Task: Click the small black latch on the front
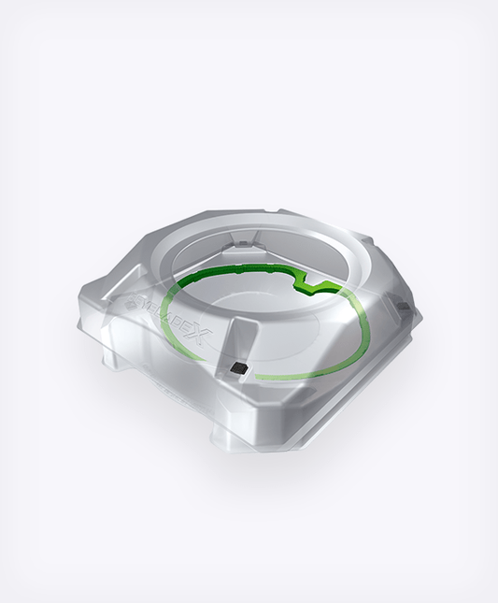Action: pos(239,370)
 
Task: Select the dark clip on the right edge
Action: pos(401,307)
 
